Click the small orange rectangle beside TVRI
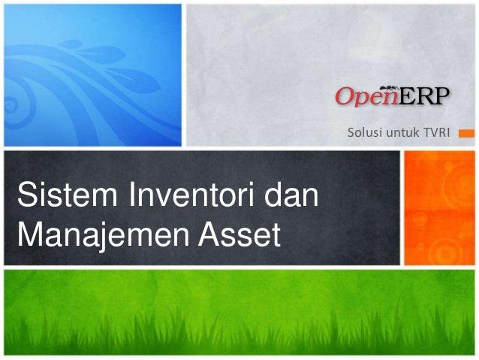(x=465, y=134)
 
